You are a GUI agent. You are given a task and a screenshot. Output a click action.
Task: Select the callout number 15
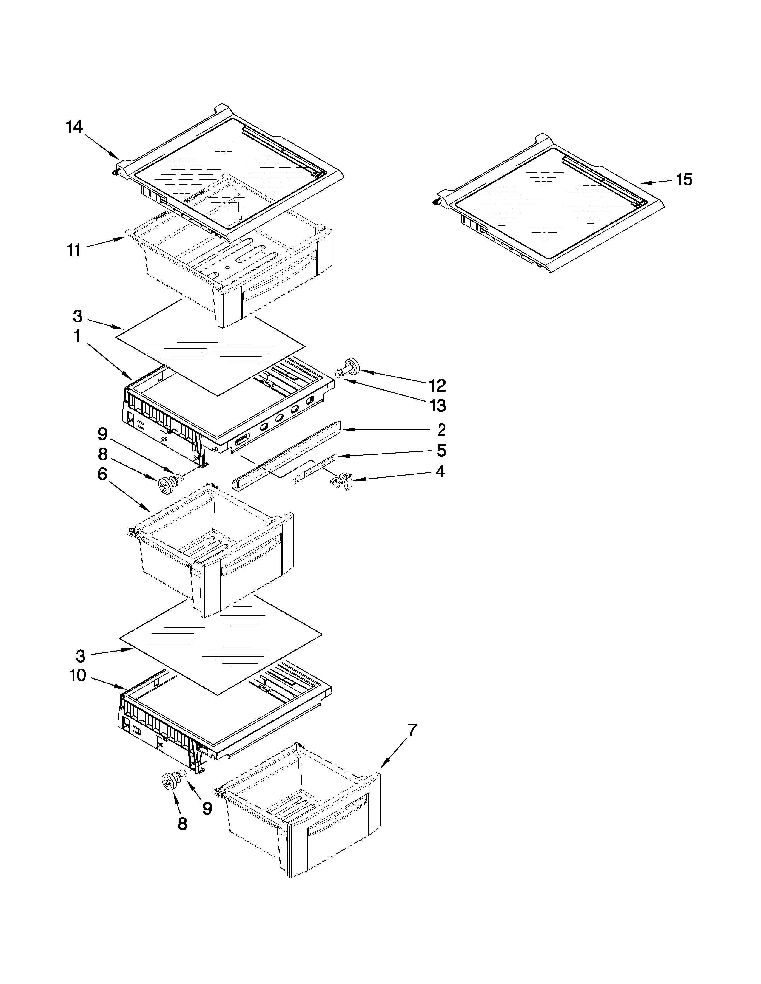[x=684, y=180]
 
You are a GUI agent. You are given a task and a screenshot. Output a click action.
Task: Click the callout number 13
[x=437, y=406]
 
